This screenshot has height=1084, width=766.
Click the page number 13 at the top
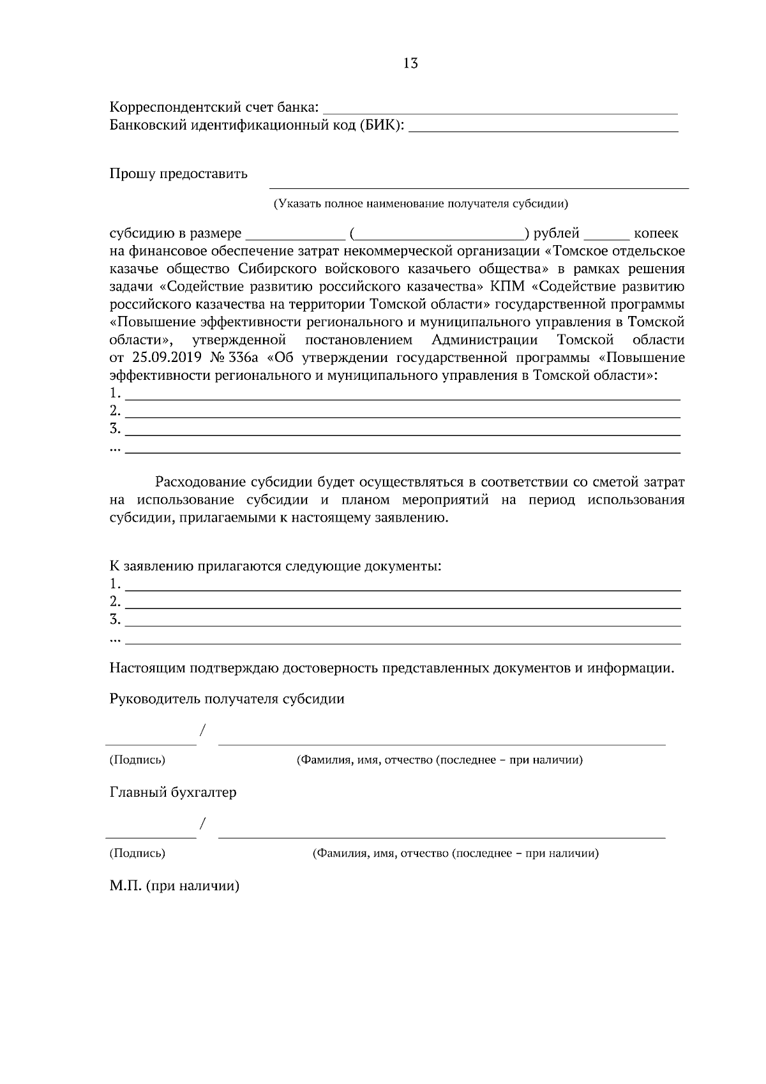(x=410, y=63)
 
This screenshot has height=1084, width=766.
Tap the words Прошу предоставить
(x=179, y=174)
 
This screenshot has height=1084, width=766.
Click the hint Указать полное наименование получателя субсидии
(x=421, y=204)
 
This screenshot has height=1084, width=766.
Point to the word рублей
(x=557, y=234)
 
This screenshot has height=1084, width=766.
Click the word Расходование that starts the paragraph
(x=199, y=482)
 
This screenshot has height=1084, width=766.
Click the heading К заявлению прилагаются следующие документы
(x=275, y=566)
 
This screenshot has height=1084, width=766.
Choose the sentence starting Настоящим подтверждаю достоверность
(x=391, y=668)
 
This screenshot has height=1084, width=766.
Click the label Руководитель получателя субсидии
(x=227, y=699)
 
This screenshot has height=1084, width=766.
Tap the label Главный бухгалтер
(x=173, y=793)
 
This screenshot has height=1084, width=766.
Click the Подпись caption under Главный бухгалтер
(x=137, y=854)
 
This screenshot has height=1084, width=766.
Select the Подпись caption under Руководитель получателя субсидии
(x=137, y=760)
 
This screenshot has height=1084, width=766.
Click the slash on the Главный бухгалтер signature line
(x=202, y=824)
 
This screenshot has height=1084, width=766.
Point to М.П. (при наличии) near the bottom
(x=174, y=887)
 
